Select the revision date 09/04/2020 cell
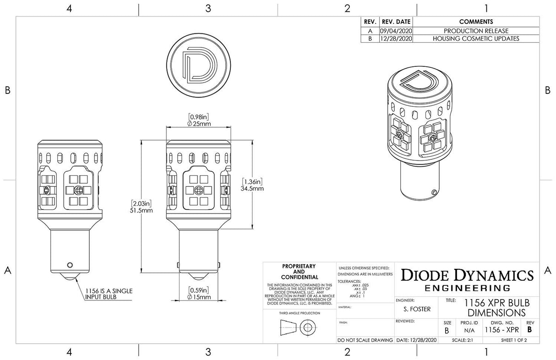(x=396, y=31)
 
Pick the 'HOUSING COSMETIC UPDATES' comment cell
(x=476, y=38)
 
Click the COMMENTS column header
(x=476, y=22)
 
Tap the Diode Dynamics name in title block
(x=467, y=276)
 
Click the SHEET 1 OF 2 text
(x=514, y=340)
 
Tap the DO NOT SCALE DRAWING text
(x=365, y=340)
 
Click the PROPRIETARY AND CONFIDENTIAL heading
(x=299, y=272)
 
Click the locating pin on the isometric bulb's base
(x=433, y=191)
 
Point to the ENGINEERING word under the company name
(x=467, y=288)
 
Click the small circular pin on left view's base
(x=70, y=264)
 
